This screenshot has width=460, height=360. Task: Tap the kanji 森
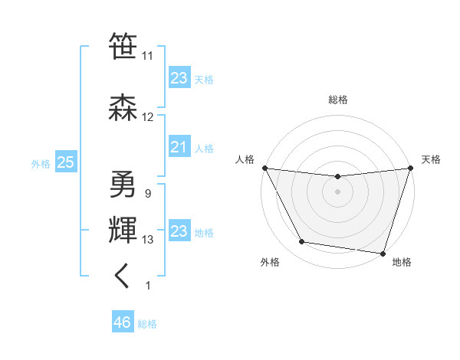tap(123, 106)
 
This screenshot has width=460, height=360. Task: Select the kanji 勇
tap(123, 183)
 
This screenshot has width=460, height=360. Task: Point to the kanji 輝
tap(123, 230)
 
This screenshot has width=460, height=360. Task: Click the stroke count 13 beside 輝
tap(148, 240)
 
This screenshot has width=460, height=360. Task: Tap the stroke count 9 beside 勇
tap(147, 193)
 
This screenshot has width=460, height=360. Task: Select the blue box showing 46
tap(122, 322)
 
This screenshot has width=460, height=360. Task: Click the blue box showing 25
tap(65, 162)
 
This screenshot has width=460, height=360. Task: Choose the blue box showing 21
tap(179, 147)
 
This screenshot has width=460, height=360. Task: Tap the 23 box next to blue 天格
tap(179, 78)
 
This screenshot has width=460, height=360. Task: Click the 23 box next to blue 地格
tap(179, 231)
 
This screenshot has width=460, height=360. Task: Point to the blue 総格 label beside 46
tap(147, 324)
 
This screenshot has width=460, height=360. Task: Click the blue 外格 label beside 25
tap(41, 163)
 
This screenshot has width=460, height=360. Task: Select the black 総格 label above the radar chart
tap(338, 100)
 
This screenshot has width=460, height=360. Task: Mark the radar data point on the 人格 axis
tap(264, 168)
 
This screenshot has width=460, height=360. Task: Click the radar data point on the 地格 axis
tap(383, 253)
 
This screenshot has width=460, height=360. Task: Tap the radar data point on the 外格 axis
tap(302, 242)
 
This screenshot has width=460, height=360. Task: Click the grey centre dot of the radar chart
tap(337, 191)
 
